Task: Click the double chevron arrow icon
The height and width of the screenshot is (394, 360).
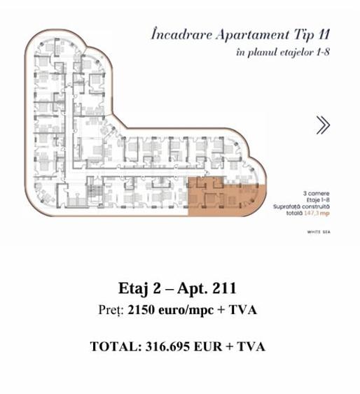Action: (x=323, y=125)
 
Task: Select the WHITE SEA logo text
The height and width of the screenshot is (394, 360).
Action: (x=319, y=231)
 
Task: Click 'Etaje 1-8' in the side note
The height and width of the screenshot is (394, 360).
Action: (x=316, y=199)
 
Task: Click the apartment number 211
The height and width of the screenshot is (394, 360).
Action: (x=221, y=288)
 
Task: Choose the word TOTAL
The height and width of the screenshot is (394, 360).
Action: (x=112, y=346)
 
